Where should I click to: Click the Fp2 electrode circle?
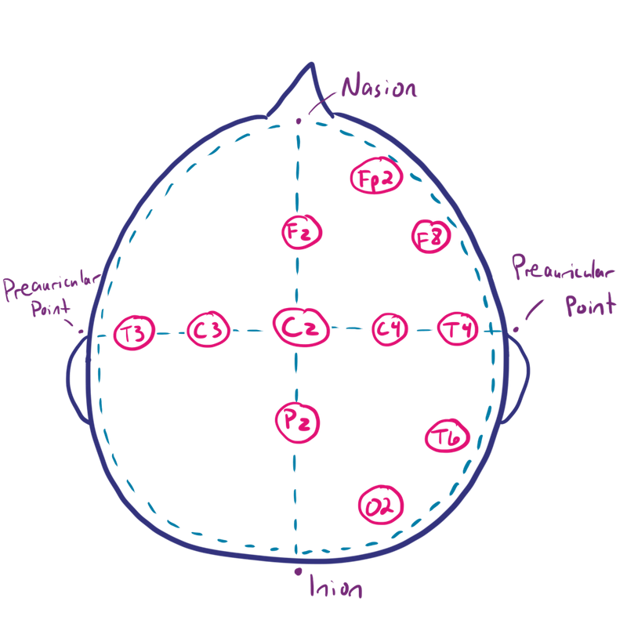[376, 176]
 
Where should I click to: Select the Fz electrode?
[302, 232]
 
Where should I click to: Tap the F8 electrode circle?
[431, 237]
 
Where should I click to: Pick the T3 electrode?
[134, 332]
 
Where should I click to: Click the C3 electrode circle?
[208, 329]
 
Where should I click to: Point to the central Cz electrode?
[301, 327]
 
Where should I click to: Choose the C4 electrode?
[390, 329]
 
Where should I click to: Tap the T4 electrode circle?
[458, 328]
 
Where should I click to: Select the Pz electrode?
[297, 422]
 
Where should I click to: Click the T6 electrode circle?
[447, 437]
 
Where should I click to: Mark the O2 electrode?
[381, 505]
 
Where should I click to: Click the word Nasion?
[379, 86]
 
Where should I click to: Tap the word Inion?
[336, 586]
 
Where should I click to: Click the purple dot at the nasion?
[299, 121]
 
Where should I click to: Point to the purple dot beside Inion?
[298, 572]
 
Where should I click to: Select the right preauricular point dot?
[516, 329]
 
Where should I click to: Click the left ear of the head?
[76, 380]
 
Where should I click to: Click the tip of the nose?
[311, 63]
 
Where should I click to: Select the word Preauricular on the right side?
[563, 266]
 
